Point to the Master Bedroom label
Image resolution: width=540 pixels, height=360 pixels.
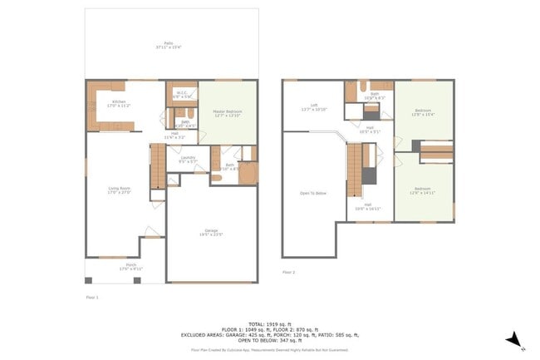[227, 111]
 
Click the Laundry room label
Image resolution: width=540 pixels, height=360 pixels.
[187, 159]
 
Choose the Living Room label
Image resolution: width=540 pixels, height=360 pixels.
[120, 190]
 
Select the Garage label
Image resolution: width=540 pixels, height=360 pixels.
[211, 233]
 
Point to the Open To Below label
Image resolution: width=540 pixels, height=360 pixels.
[313, 193]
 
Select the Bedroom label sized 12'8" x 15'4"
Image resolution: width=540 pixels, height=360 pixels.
[424, 113]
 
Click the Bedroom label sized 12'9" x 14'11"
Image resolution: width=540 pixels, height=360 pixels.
[424, 190]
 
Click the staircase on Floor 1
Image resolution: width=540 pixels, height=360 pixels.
[158, 165]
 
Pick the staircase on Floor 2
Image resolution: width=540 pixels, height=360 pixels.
[356, 164]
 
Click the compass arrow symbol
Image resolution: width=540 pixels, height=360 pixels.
[514, 339]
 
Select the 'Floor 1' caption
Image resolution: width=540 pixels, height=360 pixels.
[92, 296]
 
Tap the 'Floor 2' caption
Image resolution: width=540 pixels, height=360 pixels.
[288, 272]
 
